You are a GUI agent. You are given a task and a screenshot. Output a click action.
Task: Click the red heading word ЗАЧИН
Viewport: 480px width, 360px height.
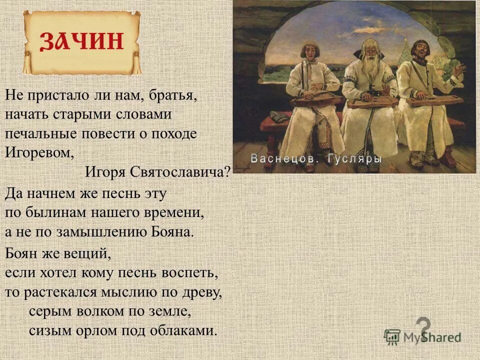click(x=81, y=41)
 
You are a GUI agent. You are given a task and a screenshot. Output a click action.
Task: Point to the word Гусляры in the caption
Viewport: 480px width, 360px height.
click(x=355, y=158)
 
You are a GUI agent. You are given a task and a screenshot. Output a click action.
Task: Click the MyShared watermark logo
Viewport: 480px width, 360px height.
click(x=422, y=336)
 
